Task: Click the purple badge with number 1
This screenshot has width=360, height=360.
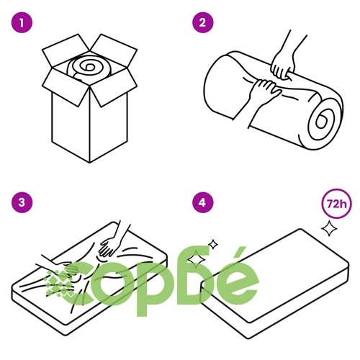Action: tap(22, 23)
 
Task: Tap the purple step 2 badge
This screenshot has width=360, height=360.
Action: tap(203, 22)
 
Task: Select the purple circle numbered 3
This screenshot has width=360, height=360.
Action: tap(22, 202)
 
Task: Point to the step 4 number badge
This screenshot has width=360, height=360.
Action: tap(203, 202)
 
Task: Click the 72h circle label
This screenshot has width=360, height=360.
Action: tap(336, 204)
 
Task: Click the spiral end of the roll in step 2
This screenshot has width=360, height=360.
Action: tap(322, 121)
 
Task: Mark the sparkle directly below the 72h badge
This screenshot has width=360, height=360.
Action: tap(329, 228)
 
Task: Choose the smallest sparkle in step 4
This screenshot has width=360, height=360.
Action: tap(212, 245)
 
